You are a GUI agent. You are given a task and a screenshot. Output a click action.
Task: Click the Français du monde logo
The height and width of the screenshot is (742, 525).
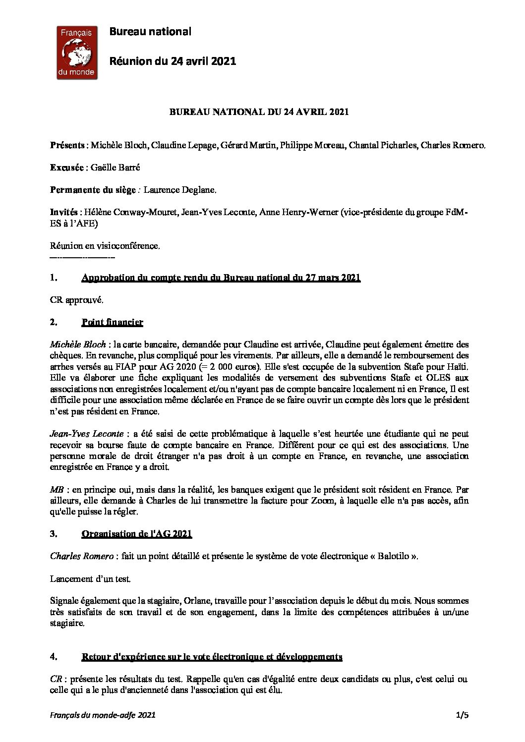pyautogui.click(x=76, y=52)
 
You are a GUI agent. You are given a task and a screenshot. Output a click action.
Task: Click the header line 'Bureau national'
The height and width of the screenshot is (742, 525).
pyautogui.click(x=150, y=32)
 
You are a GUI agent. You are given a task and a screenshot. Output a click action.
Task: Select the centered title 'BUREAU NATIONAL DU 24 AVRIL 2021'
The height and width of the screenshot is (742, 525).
pyautogui.click(x=259, y=112)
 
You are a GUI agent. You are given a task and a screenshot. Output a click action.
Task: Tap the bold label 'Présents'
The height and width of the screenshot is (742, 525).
pyautogui.click(x=67, y=145)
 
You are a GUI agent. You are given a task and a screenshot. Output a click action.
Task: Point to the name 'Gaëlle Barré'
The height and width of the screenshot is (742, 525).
pyautogui.click(x=116, y=168)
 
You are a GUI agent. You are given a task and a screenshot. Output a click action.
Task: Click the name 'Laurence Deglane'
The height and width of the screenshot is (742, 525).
pyautogui.click(x=179, y=190)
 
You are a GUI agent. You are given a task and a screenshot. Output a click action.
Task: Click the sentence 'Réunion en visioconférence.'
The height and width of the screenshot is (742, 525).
pyautogui.click(x=105, y=246)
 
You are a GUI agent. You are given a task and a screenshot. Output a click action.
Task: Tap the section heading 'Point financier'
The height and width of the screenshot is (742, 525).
pyautogui.click(x=112, y=322)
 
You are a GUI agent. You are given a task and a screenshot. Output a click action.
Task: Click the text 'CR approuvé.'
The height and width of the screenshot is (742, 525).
pyautogui.click(x=77, y=300)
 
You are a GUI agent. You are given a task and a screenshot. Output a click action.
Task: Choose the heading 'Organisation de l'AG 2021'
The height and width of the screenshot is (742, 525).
pyautogui.click(x=136, y=534)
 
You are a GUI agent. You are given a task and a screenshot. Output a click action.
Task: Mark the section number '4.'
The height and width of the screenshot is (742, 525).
pyautogui.click(x=54, y=657)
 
